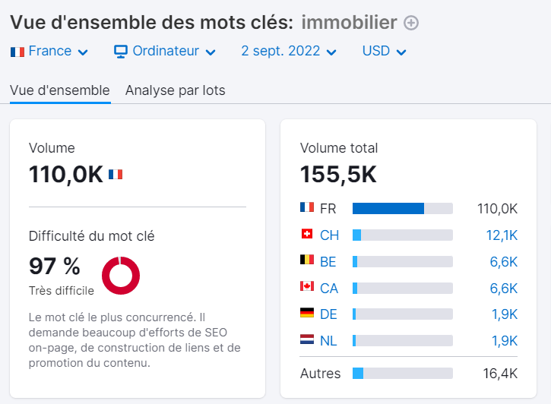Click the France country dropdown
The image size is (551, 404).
point(49,52)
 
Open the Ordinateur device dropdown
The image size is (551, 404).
point(165,52)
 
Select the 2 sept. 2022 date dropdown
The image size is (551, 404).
point(289,52)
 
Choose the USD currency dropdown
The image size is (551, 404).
point(384,52)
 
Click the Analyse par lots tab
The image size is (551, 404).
point(175,90)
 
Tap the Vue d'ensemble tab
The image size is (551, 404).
point(60,90)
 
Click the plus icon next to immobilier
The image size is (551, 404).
point(411,24)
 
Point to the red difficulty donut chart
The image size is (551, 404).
point(121,275)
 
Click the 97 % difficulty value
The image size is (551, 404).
point(55,267)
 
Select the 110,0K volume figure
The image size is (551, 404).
point(66,175)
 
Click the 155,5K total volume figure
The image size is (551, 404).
point(338,175)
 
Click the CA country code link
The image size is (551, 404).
point(329,288)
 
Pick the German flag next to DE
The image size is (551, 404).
point(307,314)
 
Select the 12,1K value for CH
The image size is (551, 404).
point(502,235)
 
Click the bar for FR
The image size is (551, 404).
point(402,209)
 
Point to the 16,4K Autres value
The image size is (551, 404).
point(501,374)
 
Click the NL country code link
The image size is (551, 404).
point(329,341)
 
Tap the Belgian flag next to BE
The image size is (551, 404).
point(307,261)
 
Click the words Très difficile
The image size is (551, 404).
point(62,291)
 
